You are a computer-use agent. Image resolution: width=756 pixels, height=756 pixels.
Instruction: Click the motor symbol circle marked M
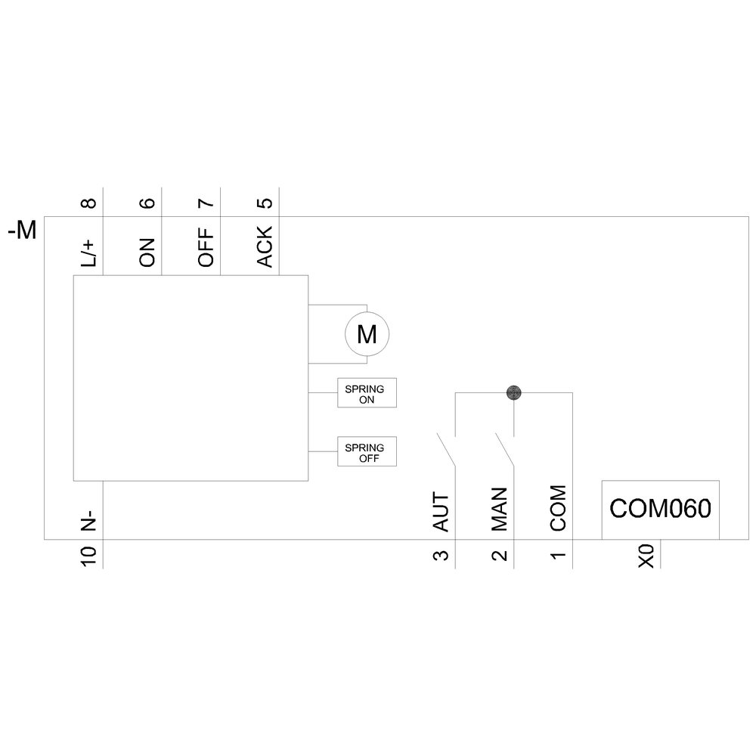(x=367, y=333)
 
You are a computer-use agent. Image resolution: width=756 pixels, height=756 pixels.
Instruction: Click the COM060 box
(x=660, y=509)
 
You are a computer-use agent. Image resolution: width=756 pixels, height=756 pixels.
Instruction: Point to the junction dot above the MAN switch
(x=513, y=392)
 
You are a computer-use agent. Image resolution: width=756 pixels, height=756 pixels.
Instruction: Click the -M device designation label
(x=22, y=231)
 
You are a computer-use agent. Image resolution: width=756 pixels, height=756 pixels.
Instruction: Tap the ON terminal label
(x=147, y=253)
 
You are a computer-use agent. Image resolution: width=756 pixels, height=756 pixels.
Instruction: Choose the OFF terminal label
(x=206, y=249)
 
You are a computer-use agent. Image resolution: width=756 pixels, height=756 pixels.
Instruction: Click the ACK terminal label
(x=265, y=248)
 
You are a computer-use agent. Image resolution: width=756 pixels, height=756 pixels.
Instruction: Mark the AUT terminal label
(x=441, y=512)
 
